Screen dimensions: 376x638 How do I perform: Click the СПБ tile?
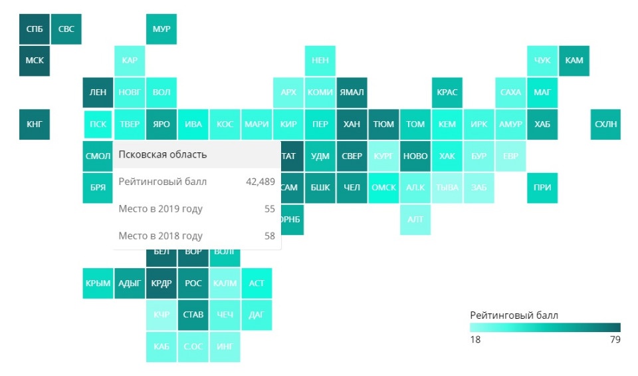34,29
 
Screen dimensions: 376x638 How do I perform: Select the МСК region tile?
34,61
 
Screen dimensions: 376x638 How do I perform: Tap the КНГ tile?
34,124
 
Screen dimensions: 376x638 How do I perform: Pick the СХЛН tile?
605,124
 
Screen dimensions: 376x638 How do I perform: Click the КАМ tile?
574,61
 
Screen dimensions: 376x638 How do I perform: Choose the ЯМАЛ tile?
352,93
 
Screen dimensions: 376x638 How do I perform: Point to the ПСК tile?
98,124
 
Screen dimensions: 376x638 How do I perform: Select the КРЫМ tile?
98,283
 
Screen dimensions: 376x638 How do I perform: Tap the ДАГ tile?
257,315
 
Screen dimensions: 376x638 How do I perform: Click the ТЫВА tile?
447,188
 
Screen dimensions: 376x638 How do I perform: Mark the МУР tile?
161,29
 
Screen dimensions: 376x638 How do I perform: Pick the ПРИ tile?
542,188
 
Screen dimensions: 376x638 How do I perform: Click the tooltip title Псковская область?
163,155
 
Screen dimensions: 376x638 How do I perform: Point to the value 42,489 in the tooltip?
261,182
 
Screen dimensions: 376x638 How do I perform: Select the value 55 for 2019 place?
269,209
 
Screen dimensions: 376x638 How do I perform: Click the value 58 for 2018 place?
269,236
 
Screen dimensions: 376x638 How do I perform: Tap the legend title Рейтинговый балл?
514,315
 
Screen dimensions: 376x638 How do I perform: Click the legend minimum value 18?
475,340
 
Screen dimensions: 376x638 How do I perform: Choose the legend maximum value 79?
615,340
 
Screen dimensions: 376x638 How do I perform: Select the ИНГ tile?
225,347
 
